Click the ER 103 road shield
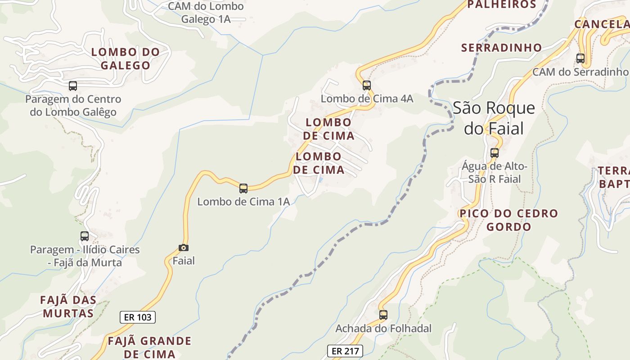(x=138, y=317)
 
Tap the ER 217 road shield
(x=344, y=351)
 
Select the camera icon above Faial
(x=184, y=247)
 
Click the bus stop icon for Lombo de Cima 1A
(x=243, y=189)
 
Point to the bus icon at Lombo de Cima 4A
(x=367, y=85)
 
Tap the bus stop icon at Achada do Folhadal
(x=383, y=315)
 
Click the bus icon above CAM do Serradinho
(x=580, y=58)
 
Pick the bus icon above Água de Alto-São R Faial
(x=495, y=153)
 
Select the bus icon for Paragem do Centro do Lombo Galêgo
(x=73, y=85)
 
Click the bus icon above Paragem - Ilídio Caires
(x=85, y=236)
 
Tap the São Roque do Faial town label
(x=494, y=118)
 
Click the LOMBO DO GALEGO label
(x=126, y=58)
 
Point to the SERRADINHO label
(x=501, y=47)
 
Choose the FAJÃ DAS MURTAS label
(x=68, y=306)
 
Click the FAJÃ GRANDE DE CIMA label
(x=149, y=347)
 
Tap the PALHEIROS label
(x=502, y=5)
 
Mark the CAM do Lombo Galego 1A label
(x=206, y=13)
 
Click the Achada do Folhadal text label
(x=383, y=328)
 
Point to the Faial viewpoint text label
(x=184, y=261)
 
